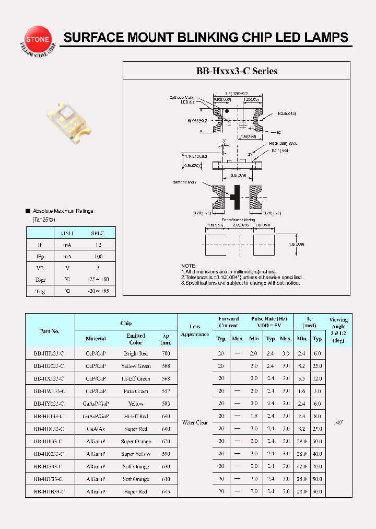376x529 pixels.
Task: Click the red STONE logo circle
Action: (36, 39)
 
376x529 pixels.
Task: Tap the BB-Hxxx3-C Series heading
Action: (237, 71)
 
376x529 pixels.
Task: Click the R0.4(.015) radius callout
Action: (287, 113)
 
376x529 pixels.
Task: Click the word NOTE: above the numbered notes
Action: (189, 266)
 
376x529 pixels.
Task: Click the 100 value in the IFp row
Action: (98, 257)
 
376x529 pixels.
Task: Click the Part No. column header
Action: (50, 331)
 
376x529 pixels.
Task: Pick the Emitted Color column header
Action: (136, 339)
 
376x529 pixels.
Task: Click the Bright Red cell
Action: (136, 354)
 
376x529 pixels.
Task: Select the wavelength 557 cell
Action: (166, 392)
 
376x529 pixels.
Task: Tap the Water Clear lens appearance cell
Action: (195, 422)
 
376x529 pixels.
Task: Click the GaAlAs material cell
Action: (96, 429)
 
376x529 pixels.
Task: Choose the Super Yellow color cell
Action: (136, 454)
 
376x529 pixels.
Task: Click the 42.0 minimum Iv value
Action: (302, 467)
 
